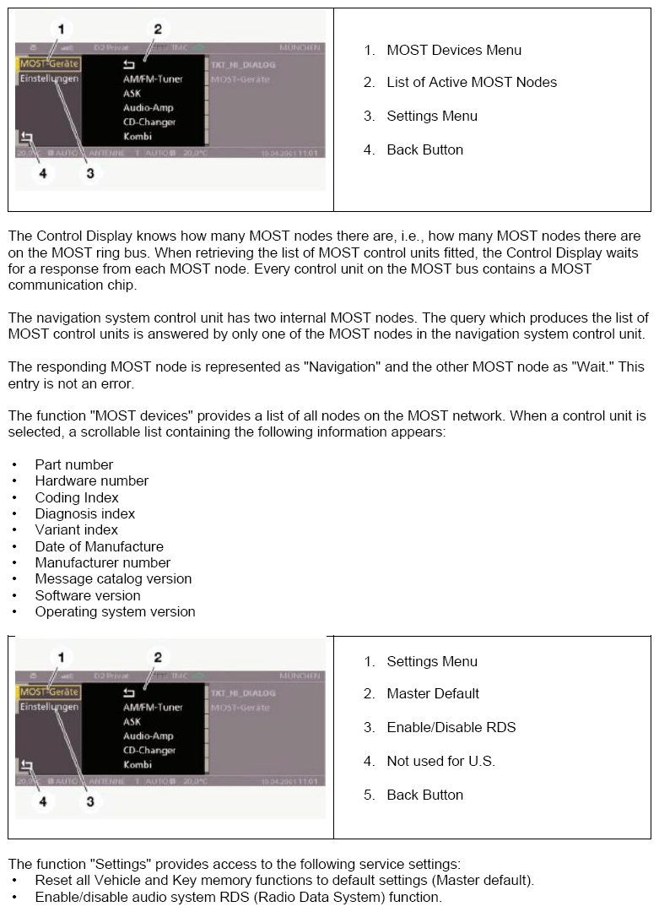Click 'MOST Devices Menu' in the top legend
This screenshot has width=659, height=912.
[454, 51]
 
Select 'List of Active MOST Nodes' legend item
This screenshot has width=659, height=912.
[472, 83]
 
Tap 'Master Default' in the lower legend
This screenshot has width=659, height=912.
[433, 694]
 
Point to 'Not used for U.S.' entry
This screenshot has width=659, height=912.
[440, 762]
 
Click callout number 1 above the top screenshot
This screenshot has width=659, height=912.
[61, 30]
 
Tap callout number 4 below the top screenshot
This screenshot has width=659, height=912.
[43, 174]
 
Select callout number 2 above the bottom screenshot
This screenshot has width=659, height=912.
[157, 657]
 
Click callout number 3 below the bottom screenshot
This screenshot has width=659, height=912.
[90, 801]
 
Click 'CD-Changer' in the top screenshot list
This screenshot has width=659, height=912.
[149, 122]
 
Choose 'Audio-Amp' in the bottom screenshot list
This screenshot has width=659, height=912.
[149, 736]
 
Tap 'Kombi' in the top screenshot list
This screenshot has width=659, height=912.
[138, 137]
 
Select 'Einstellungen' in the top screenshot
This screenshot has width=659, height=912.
[50, 79]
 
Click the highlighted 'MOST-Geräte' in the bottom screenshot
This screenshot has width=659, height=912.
[49, 692]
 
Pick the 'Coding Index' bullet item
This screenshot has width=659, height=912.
[77, 497]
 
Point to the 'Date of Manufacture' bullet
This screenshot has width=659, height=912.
[99, 546]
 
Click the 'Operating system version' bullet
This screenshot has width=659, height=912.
[115, 612]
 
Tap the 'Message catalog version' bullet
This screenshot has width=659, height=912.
[113, 579]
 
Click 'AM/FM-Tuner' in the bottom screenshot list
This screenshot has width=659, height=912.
[153, 708]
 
